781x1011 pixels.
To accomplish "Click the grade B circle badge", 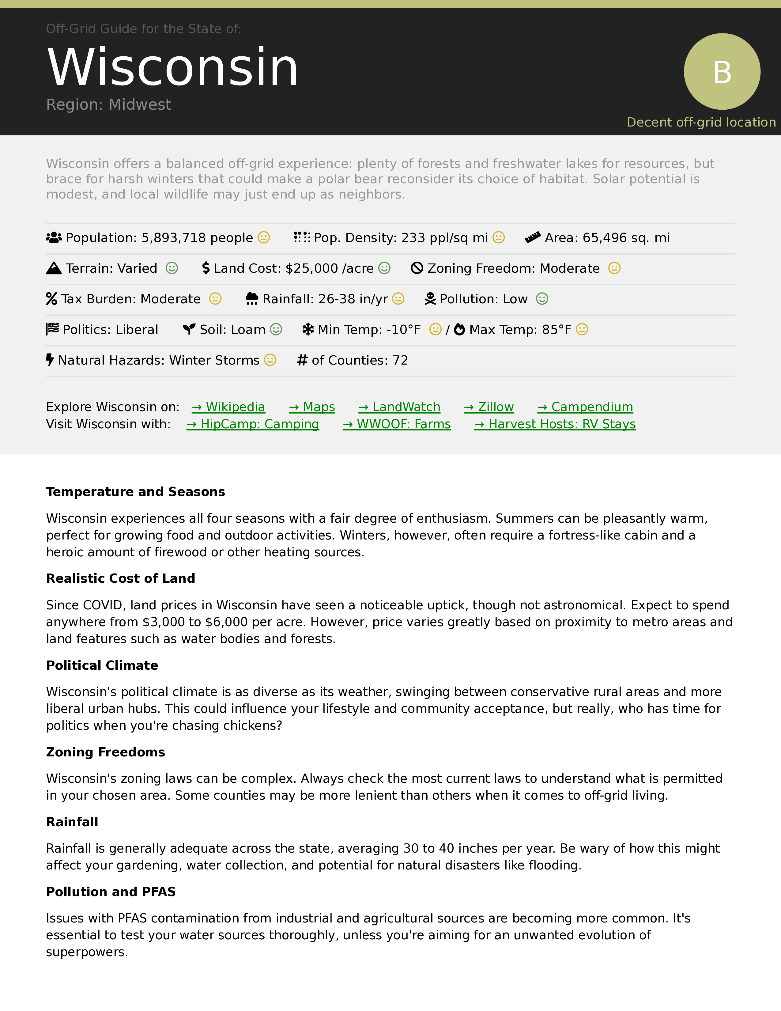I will [x=722, y=72].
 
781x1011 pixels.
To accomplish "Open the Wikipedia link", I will [x=228, y=407].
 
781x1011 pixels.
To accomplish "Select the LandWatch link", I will [x=399, y=407].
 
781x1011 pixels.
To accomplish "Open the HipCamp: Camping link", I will [x=253, y=424].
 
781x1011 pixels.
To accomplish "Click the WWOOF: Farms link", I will [x=397, y=424].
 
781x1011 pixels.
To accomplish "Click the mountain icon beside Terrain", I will [x=54, y=268].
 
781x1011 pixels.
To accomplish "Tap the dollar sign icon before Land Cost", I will [x=206, y=268].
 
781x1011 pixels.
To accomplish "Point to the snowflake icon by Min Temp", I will [x=308, y=330].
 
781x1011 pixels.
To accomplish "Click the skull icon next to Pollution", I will [x=430, y=299].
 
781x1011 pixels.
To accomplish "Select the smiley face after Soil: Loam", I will [x=276, y=330].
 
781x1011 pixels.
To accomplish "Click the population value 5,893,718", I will [x=173, y=238].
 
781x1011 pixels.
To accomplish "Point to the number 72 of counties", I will [x=400, y=360].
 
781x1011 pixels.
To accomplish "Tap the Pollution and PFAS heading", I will [x=111, y=892].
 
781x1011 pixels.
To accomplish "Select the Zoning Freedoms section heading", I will [x=105, y=752].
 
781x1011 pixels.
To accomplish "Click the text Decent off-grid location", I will [x=701, y=122].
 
